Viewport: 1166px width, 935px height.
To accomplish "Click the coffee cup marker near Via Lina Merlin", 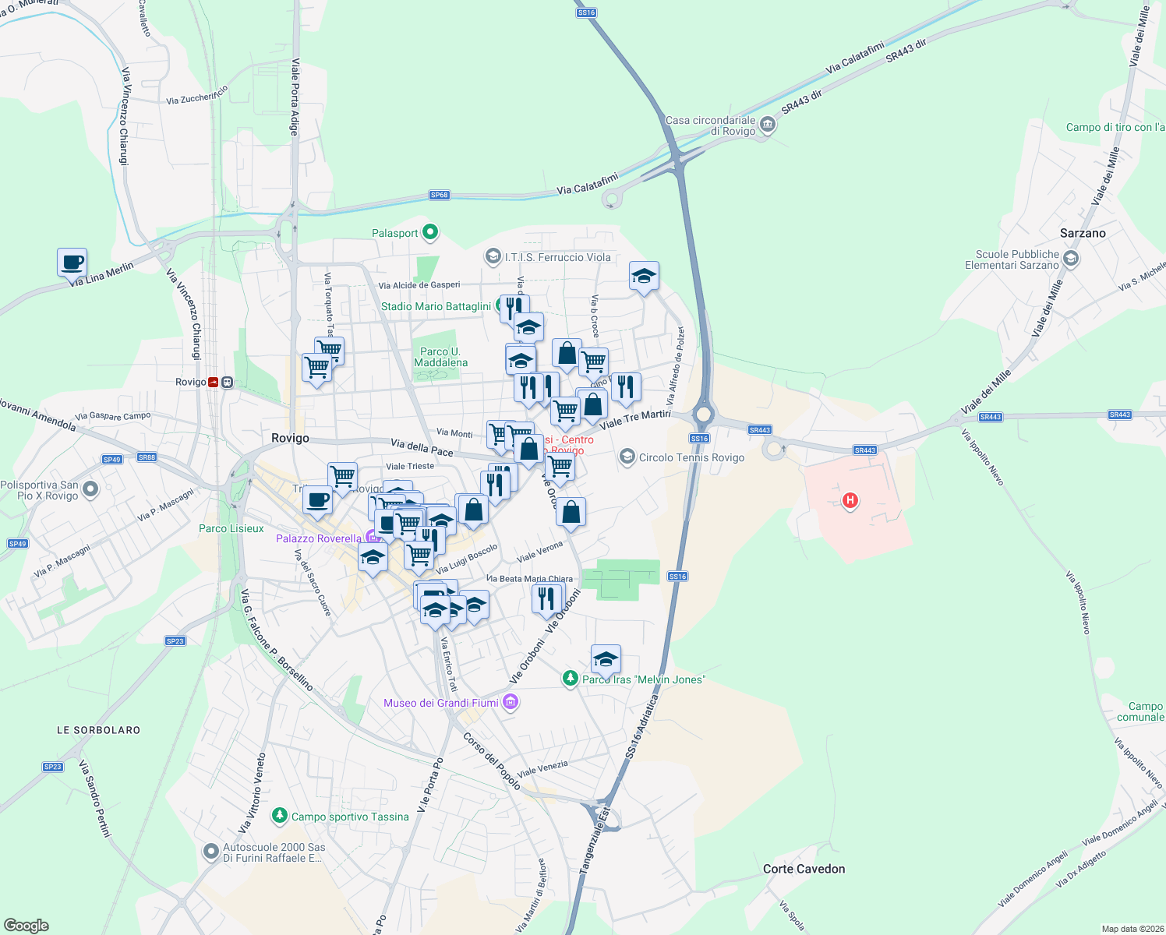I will (x=72, y=263).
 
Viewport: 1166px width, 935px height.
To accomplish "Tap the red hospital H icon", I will (x=850, y=500).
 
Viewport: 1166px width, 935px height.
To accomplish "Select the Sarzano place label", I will (x=1082, y=233).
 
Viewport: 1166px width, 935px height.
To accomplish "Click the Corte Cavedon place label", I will (x=804, y=869).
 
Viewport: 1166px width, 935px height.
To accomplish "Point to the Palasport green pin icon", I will (x=429, y=232).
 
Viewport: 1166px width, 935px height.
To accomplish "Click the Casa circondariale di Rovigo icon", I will (x=768, y=125).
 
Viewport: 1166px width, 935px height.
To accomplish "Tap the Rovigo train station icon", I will (x=226, y=382).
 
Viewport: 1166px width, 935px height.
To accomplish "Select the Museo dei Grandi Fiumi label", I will (x=441, y=703).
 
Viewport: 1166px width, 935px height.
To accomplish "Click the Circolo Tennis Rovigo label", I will (x=691, y=457).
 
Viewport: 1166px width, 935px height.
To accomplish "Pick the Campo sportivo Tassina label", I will (x=350, y=817).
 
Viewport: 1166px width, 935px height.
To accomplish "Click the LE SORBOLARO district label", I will (x=98, y=730).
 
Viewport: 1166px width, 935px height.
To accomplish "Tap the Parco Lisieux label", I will (x=231, y=528).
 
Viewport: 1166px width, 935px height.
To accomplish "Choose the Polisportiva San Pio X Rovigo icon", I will (x=90, y=489).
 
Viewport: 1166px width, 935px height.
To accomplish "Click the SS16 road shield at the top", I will (x=586, y=12).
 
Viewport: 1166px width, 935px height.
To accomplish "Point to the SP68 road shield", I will (x=440, y=195).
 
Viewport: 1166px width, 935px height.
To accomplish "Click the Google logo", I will (x=26, y=926).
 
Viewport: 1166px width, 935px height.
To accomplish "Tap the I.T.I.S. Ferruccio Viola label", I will (x=557, y=257).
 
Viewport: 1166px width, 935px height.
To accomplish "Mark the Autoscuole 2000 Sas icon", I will (x=210, y=852).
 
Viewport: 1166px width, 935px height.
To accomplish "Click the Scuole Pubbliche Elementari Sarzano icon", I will (x=1070, y=259).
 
